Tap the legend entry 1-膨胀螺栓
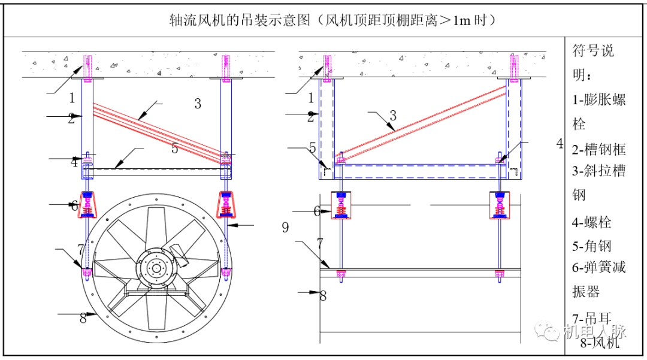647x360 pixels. (599, 111)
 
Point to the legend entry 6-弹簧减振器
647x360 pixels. (599, 279)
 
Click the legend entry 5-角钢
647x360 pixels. (591, 246)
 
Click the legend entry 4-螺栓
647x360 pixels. (591, 222)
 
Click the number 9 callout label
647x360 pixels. (285, 228)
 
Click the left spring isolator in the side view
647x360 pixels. (341, 205)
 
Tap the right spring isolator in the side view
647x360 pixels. (500, 205)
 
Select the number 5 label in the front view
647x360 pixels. (174, 149)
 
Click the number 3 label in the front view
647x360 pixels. (198, 104)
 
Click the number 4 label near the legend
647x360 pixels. (560, 144)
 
